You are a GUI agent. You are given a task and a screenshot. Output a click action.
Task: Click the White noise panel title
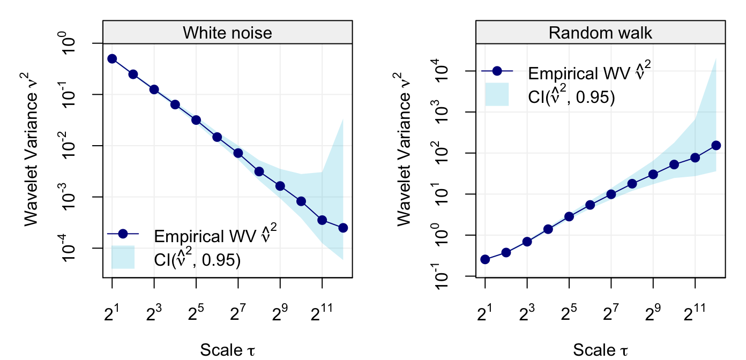click(227, 33)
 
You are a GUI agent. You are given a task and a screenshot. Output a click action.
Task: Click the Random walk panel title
click(600, 33)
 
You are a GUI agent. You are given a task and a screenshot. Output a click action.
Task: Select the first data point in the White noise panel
click(112, 59)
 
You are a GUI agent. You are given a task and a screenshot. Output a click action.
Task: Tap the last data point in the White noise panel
click(343, 228)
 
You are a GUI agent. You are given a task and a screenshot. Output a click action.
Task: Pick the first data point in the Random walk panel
click(485, 259)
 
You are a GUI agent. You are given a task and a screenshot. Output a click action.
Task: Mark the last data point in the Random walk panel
click(716, 145)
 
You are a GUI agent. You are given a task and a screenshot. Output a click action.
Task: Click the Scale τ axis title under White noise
click(227, 350)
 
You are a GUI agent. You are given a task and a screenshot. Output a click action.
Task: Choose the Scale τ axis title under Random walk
click(600, 350)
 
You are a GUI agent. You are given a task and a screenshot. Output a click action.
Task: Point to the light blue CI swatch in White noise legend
click(123, 257)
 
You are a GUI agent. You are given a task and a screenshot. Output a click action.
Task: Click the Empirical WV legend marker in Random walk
click(497, 71)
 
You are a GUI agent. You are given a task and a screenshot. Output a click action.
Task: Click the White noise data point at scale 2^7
click(238, 153)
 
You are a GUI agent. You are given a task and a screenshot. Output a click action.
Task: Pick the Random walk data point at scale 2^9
click(653, 174)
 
